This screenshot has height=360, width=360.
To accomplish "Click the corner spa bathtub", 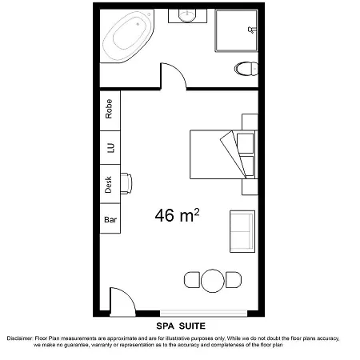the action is [127, 36].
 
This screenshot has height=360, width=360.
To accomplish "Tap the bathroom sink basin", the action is [187, 15].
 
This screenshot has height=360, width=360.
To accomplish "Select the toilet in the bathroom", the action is [246, 69].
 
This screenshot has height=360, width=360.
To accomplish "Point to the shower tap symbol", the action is [251, 30].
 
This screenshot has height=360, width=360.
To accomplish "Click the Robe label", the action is [109, 109].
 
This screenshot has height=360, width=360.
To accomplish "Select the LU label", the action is [110, 148].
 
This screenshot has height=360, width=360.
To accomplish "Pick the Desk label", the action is [108, 184].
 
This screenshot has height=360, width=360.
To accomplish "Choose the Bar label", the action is [110, 219].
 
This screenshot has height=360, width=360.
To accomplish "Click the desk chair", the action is [126, 183].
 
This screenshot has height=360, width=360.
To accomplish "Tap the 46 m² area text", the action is [177, 215].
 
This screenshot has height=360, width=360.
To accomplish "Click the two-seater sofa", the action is [242, 231].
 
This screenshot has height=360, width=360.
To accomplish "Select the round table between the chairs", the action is [212, 281].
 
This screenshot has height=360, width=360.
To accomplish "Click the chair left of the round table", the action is [192, 280].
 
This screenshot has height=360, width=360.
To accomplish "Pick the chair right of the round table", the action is [234, 280].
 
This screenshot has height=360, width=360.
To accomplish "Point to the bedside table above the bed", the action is [250, 122].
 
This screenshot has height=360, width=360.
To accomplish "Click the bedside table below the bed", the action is [250, 187].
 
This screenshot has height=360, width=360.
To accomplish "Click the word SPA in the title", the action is [166, 326].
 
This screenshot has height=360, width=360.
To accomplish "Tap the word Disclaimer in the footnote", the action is [20, 338].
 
